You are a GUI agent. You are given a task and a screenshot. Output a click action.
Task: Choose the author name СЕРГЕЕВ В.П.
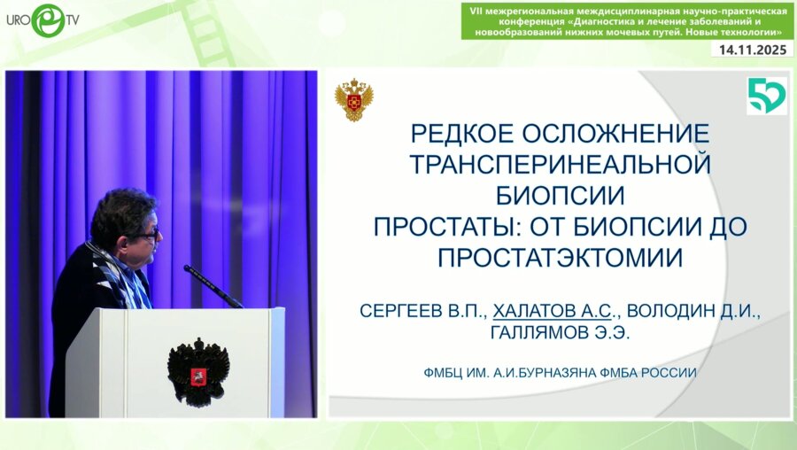pyautogui.click(x=422, y=311)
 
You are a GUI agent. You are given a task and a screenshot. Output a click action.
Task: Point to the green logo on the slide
pyautogui.click(x=766, y=96)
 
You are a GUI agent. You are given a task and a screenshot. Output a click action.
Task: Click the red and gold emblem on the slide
pyautogui.click(x=353, y=100)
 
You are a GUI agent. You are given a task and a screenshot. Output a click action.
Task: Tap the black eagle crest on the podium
pyautogui.click(x=198, y=369)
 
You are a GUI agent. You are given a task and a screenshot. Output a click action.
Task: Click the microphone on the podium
pyautogui.click(x=213, y=284)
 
